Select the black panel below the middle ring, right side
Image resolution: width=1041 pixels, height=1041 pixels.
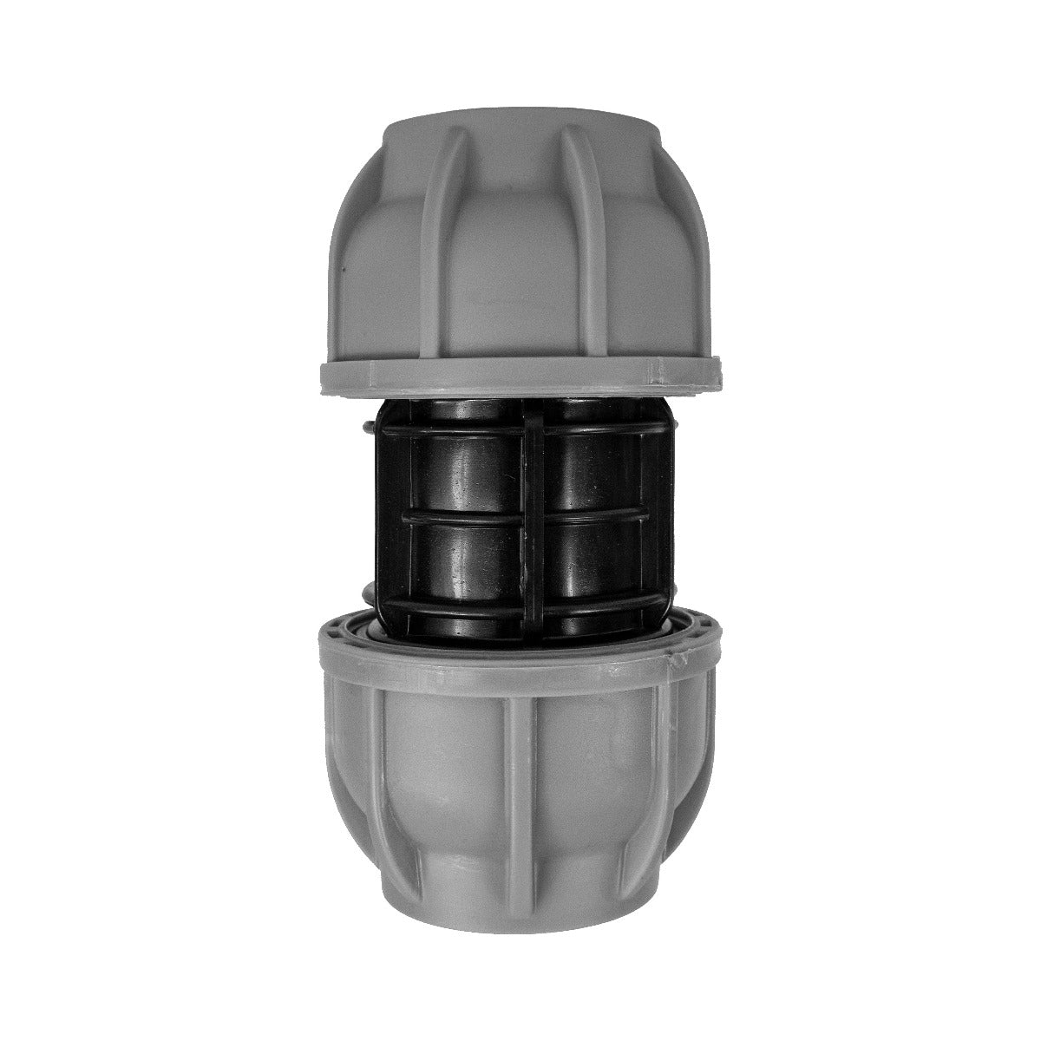590,560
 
